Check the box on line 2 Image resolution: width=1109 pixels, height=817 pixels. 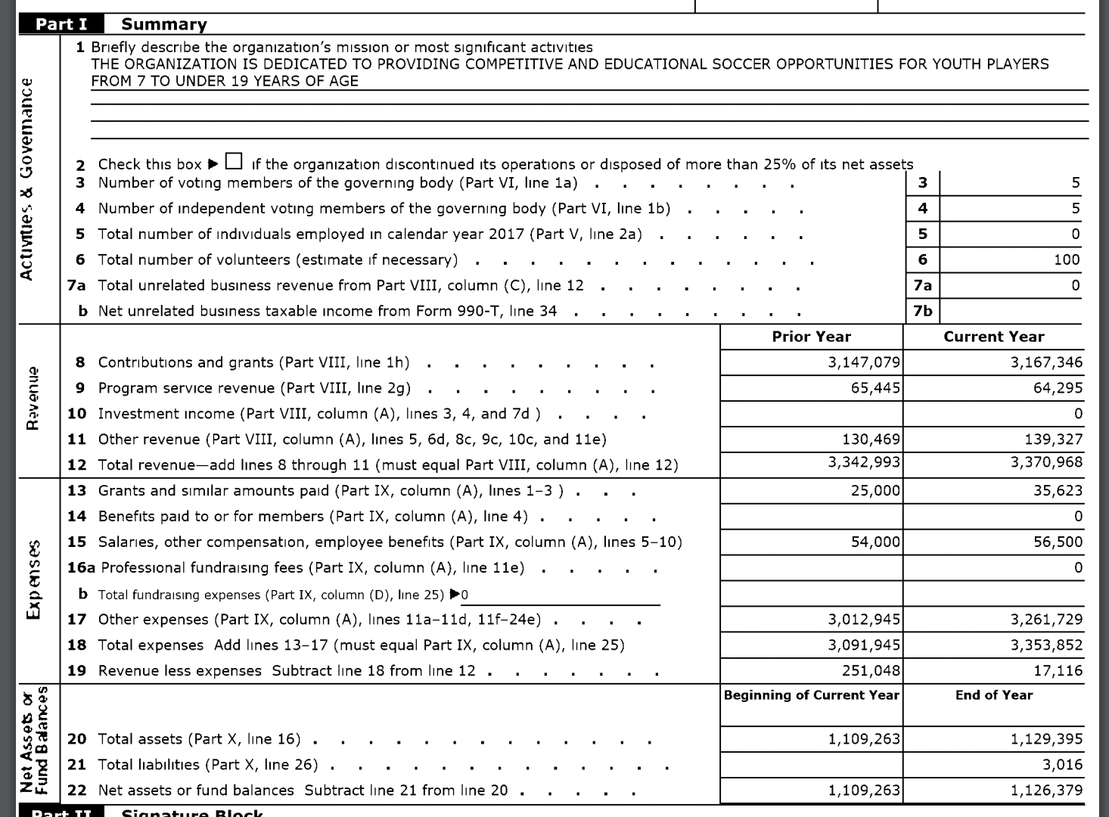tap(235, 162)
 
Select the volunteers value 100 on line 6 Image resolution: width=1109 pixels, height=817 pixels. tap(1066, 259)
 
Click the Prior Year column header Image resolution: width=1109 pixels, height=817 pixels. tap(811, 337)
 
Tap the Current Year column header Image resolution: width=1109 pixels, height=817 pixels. tap(993, 337)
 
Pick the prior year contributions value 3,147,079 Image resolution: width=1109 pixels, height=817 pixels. tap(864, 362)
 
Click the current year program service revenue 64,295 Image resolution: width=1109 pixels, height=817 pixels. tap(1058, 388)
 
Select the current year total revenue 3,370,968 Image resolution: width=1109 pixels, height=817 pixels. tap(1046, 461)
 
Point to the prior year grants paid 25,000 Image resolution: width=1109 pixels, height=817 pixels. tap(875, 490)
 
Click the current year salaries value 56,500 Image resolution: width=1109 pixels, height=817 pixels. tap(1058, 542)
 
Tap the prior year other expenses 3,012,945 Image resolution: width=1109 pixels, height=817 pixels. tap(864, 620)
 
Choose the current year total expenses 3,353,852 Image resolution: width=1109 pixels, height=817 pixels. tap(1046, 645)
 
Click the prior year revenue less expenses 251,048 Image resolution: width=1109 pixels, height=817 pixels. tap(871, 670)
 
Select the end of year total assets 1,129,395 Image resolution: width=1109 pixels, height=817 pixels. tap(1046, 738)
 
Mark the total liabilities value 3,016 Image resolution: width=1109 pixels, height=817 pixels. tap(1062, 764)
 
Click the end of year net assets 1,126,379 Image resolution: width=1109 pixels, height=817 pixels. tap(1046, 790)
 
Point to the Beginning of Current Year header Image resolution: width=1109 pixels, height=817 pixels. tap(811, 695)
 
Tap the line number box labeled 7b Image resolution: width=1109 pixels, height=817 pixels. tap(922, 311)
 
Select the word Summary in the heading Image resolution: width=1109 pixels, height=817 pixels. tap(164, 24)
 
